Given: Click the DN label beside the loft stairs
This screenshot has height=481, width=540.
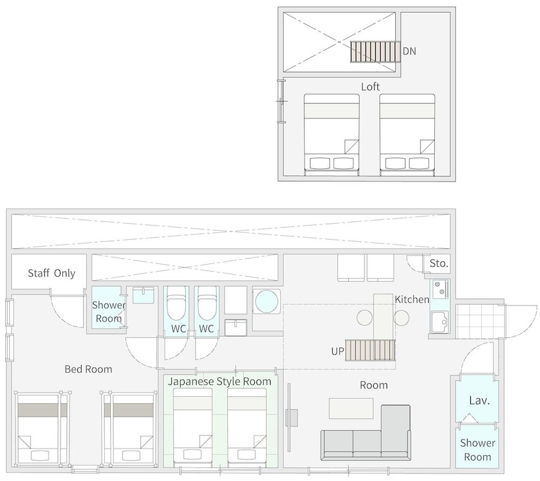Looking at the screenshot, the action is point(410,51).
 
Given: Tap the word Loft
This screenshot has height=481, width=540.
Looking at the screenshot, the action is point(370,87).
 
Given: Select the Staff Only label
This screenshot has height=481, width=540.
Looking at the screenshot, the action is point(51,274).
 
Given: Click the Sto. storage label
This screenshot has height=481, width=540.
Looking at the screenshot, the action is point(439,263).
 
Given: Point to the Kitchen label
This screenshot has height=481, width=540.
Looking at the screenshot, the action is point(412,299).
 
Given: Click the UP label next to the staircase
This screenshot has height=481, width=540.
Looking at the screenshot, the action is point(337,351).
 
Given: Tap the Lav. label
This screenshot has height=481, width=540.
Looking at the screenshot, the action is point(479,400).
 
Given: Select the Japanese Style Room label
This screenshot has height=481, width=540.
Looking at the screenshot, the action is point(219,382).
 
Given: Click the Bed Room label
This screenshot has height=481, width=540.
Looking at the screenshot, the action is point(88,369).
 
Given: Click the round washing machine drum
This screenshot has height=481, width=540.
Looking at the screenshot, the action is point(266,301).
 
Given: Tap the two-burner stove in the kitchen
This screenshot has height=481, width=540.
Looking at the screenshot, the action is point(440,289).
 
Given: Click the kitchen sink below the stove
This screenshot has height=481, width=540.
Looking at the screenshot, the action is point(440,322).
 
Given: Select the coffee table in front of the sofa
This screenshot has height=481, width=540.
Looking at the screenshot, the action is point(351,408).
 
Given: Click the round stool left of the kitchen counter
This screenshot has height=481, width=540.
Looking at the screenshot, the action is point(365,318).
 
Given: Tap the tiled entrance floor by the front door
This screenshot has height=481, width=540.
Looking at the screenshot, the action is point(480,321).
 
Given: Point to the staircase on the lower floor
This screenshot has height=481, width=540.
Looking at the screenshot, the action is point(370,350).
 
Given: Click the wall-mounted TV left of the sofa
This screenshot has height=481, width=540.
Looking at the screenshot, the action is point(289,418).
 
